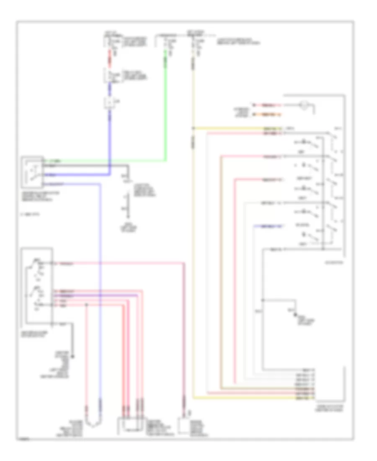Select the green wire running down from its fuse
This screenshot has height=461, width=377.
pyautogui.click(x=166, y=105)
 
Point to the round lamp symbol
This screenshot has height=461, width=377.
pyautogui.click(x=305, y=106)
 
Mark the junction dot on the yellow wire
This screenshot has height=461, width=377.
pyautogui.click(x=193, y=128)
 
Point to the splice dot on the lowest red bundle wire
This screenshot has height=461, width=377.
pyautogui.click(x=87, y=306)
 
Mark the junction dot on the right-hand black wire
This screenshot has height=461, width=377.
pyautogui.click(x=263, y=300)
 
